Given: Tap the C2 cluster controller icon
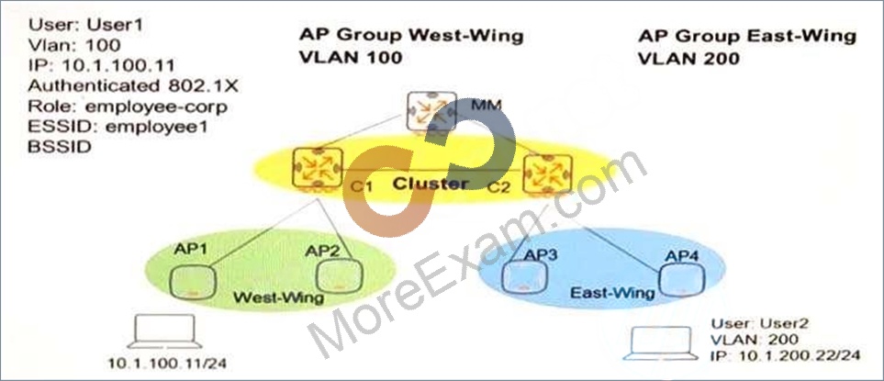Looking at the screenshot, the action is click(x=547, y=174).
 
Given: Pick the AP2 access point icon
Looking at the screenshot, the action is click(x=340, y=277).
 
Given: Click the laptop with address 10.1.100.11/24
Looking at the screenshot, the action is click(x=164, y=331).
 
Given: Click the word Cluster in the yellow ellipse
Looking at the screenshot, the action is click(x=431, y=184).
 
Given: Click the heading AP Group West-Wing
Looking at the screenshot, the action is click(x=411, y=36).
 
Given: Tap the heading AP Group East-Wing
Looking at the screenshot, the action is click(x=747, y=37).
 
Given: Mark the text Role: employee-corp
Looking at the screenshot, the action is click(x=128, y=107).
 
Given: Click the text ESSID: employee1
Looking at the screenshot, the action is click(x=117, y=127).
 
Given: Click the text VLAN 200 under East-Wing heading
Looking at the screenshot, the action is click(x=688, y=58).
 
